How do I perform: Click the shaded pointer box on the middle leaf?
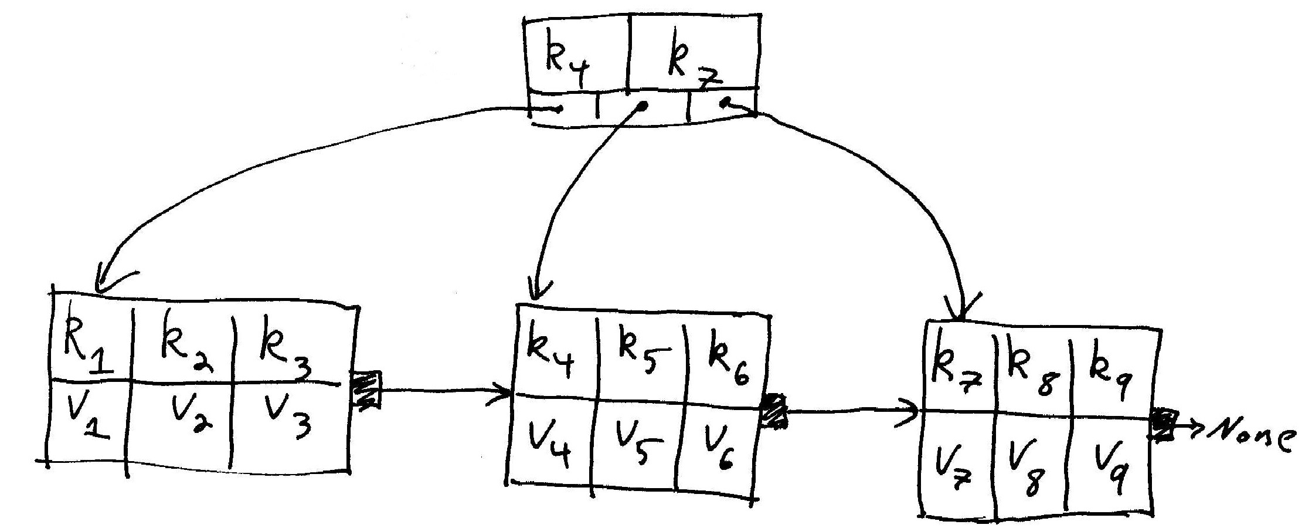click(774, 411)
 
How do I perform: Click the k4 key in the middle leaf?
click(551, 355)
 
